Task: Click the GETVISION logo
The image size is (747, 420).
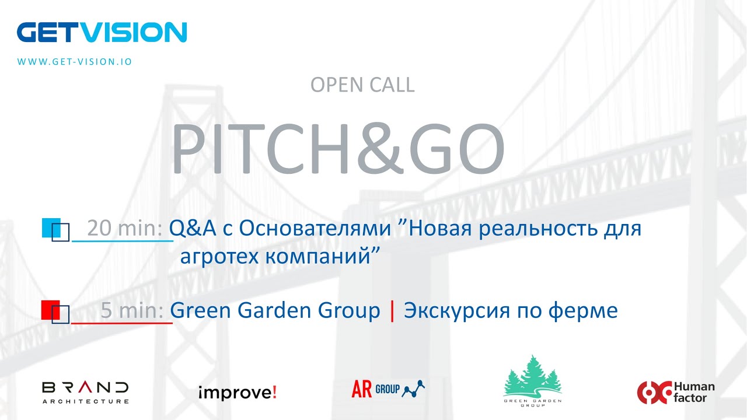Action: click(102, 33)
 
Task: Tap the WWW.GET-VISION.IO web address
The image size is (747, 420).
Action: click(75, 61)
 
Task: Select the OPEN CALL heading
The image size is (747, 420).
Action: click(362, 85)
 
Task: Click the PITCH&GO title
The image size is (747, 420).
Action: click(337, 149)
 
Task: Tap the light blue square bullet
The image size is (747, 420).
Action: click(50, 228)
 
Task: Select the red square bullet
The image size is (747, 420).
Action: click(50, 309)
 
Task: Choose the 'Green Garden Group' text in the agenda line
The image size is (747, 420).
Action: click(275, 310)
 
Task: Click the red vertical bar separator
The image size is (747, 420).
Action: click(392, 310)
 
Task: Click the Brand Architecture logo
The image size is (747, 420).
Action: click(85, 392)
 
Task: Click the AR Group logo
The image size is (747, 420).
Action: click(388, 389)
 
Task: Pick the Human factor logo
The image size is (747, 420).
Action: click(675, 392)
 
